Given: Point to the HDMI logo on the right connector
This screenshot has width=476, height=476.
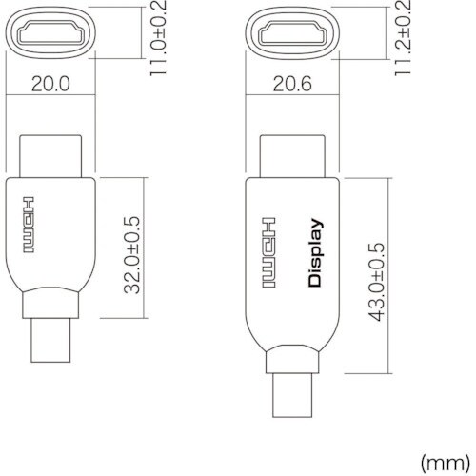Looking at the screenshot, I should pos(268,253).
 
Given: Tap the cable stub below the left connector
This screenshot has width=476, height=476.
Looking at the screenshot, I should pos(51,340).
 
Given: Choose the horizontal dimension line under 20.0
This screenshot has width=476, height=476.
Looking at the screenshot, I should pos(51,98).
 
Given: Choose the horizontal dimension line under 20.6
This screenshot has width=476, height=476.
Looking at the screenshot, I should pos(291,98).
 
